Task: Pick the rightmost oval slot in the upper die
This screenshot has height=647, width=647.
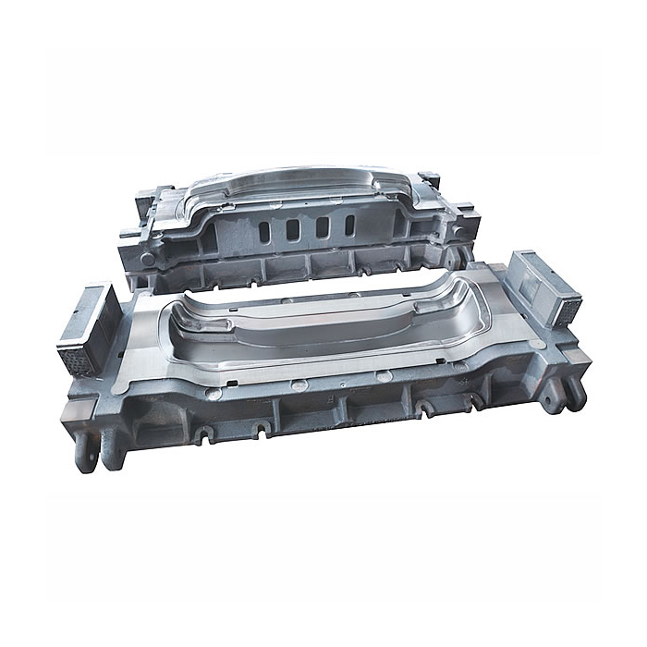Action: click(349, 226)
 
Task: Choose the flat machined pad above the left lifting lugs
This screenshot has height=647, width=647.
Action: click(97, 407)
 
